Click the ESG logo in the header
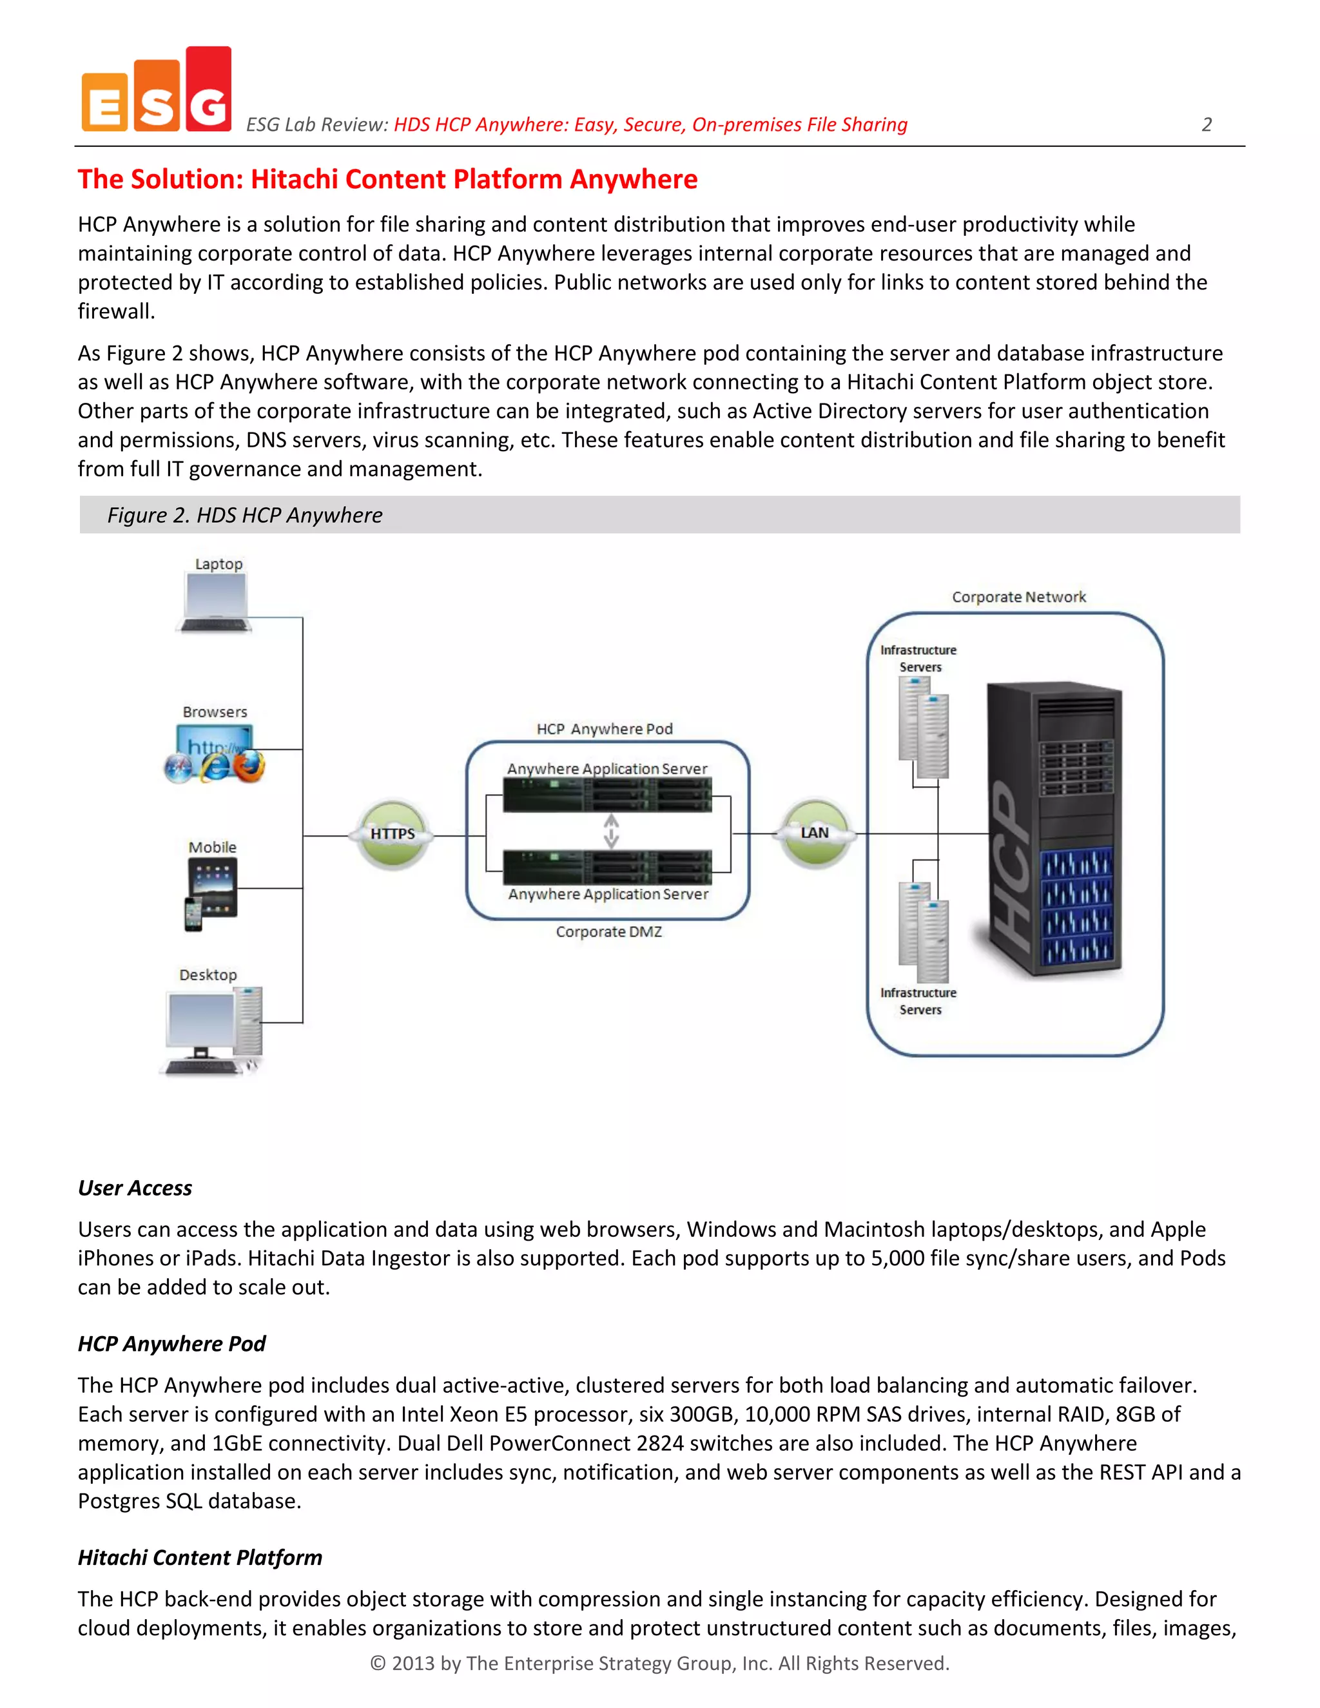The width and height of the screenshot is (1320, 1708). click(x=157, y=90)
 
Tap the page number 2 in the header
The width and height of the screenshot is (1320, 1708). click(x=1206, y=124)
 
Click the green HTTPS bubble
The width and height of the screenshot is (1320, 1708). click(x=393, y=833)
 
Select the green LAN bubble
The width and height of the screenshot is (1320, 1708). click(x=814, y=833)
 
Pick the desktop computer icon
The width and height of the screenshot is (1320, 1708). click(x=213, y=1031)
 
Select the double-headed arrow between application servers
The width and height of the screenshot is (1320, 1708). click(x=611, y=831)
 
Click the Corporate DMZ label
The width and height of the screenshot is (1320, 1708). click(x=608, y=931)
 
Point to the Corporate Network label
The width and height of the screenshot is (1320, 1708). click(x=1018, y=597)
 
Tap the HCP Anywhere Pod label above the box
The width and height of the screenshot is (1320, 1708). click(x=605, y=729)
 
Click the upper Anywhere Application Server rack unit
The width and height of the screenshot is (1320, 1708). click(x=607, y=795)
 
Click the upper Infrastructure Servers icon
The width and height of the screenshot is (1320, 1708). click(x=924, y=726)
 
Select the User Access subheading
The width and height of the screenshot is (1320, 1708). click(x=135, y=1188)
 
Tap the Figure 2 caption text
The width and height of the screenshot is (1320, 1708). click(x=244, y=516)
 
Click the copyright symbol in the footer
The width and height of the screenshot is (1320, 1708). click(x=378, y=1664)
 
